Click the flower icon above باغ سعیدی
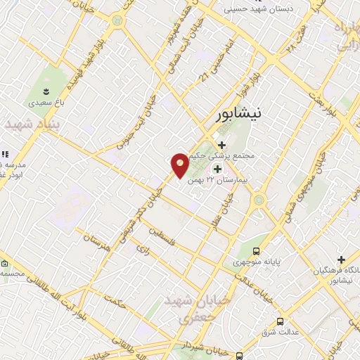[46, 91]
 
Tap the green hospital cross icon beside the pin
[217, 169]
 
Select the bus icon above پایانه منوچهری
[257, 250]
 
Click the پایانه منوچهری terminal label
[257, 262]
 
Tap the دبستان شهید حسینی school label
[259, 9]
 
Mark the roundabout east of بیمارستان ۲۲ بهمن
[259, 200]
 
